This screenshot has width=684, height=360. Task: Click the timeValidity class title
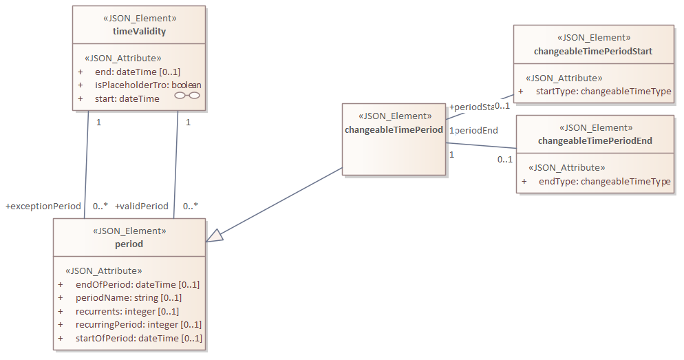pos(139,31)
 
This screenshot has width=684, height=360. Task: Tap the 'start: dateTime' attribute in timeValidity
pos(127,98)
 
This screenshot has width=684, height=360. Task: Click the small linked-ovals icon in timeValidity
pos(187,96)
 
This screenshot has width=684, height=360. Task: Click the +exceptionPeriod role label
pos(43,206)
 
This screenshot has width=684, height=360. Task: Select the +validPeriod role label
pos(142,206)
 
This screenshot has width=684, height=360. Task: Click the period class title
pos(129,244)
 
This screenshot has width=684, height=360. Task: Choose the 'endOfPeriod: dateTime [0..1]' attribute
pos(137,284)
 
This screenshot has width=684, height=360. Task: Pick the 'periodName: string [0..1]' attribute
pos(128,297)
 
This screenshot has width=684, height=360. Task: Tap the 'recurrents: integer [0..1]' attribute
pos(127,310)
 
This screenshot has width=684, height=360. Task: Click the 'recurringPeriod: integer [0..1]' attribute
pos(138,324)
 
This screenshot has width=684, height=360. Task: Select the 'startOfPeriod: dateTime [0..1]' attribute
pos(138,338)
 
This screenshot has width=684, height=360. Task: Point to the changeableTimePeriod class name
pos(394,129)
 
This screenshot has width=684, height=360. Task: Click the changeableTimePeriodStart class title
pos(592,51)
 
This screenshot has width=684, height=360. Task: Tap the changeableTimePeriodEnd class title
pos(595,140)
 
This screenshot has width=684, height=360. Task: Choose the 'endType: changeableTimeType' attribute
pos(603,181)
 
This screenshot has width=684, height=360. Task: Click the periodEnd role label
pos(476,130)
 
